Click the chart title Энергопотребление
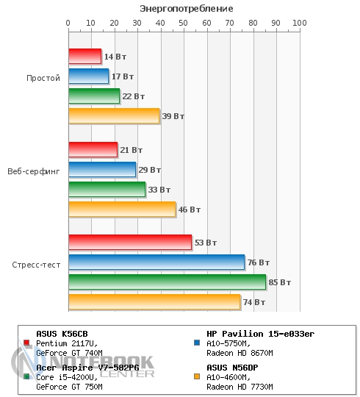187,9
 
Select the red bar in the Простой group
85,56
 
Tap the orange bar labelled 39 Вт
114,116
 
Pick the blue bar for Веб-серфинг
102,169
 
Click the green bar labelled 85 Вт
168,282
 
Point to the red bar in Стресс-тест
130,243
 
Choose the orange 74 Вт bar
154,302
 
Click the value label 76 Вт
259,262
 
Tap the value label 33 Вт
159,190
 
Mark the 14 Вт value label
115,57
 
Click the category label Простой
43,78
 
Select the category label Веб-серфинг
34,171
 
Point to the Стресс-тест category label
36,265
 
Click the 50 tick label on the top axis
183,23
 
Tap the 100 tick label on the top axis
300,23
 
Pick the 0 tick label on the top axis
68,23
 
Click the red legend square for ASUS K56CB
26,343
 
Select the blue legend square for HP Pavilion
197,343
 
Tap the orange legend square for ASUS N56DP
197,376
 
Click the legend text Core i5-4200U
67,377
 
